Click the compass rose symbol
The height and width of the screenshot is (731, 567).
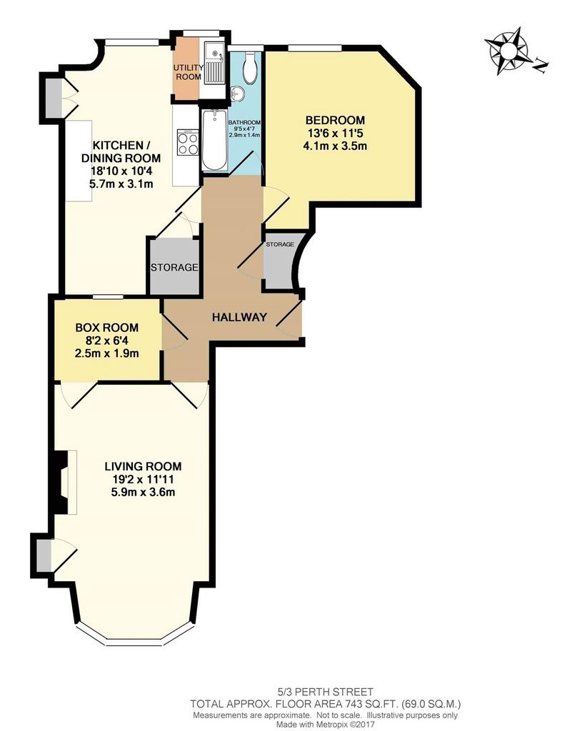coord(509,50)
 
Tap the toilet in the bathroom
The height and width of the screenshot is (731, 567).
coord(249,68)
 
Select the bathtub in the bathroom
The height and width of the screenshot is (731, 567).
coord(214,141)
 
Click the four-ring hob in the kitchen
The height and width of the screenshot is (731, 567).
coord(187,143)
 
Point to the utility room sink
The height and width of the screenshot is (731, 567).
coord(216,68)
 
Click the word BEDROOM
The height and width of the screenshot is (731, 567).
coord(335,120)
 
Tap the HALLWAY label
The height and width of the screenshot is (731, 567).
coord(239,318)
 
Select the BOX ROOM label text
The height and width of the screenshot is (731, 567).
coord(107,328)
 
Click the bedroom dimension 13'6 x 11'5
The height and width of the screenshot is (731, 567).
coord(335,133)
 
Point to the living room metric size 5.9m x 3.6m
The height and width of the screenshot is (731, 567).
coord(143,492)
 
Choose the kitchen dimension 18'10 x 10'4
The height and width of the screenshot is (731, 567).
coord(121,171)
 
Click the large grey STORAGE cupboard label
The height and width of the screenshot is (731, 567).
coord(174,268)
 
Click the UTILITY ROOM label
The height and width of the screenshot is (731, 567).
coord(188,72)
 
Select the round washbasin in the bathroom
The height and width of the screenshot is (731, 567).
coord(237,94)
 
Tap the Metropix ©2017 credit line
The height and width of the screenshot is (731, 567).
coord(325,725)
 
